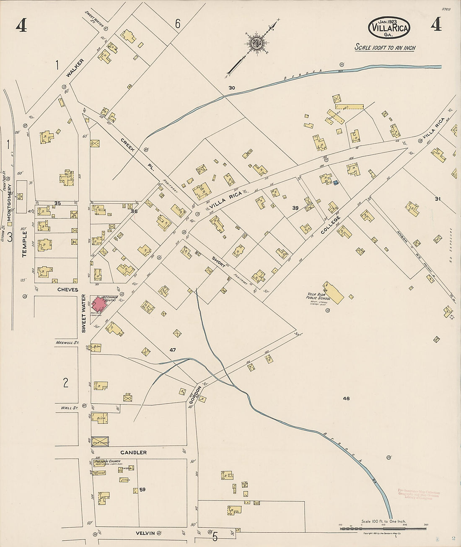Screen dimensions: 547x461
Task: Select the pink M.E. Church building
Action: click(x=99, y=303)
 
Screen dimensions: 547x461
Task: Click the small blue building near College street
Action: click(x=335, y=182)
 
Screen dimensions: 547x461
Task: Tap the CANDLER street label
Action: click(x=133, y=452)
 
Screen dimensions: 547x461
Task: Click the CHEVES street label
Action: click(x=66, y=290)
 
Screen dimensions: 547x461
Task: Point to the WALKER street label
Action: click(x=75, y=68)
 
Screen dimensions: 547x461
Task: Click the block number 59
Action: click(x=142, y=489)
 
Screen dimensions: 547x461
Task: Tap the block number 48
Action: click(x=346, y=399)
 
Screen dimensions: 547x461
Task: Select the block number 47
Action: click(x=173, y=349)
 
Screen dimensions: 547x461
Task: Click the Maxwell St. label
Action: click(x=67, y=342)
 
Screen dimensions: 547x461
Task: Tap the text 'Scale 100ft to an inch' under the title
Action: click(x=385, y=48)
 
